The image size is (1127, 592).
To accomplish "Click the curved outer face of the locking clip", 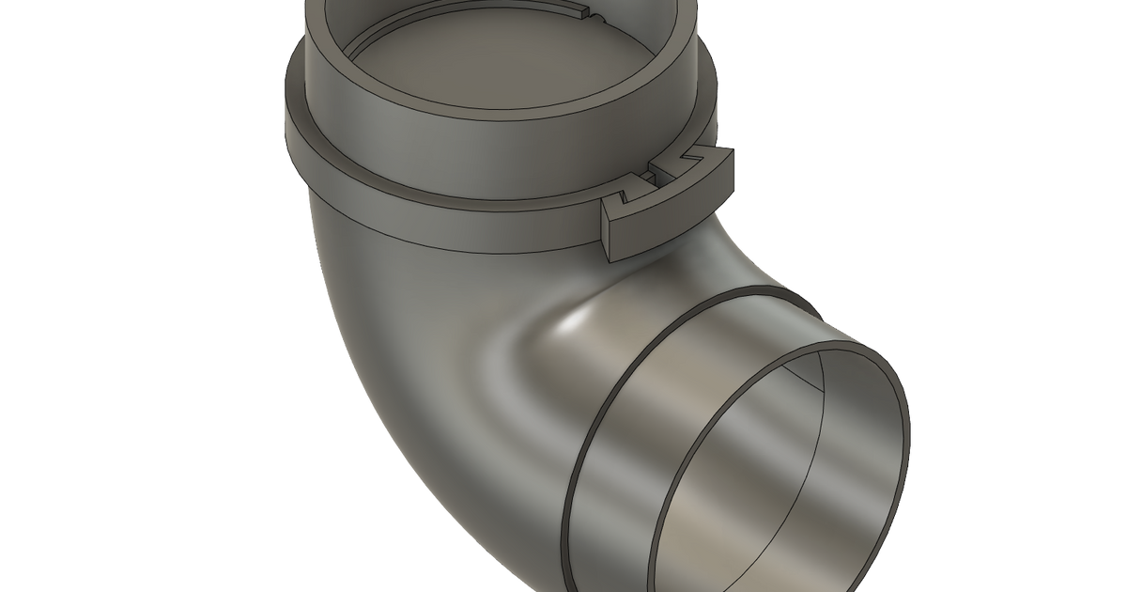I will (676, 221).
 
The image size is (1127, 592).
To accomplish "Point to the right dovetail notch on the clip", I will (696, 155).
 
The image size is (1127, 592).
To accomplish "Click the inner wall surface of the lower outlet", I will (751, 470).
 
